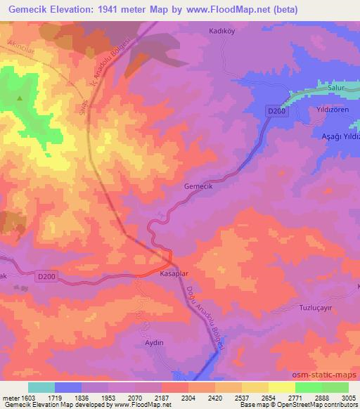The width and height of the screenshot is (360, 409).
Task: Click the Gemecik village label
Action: (x=197, y=187)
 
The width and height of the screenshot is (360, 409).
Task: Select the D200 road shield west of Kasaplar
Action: (x=46, y=277)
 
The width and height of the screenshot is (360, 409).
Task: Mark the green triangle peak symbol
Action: (x=20, y=98)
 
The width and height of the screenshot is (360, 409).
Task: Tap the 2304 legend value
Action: (x=188, y=398)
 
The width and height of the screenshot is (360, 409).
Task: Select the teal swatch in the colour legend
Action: (x=41, y=387)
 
